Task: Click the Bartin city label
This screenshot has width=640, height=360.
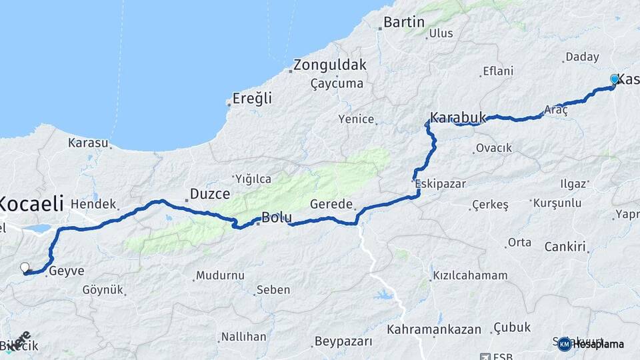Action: click(x=404, y=22)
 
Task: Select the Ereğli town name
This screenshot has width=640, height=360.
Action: click(x=252, y=99)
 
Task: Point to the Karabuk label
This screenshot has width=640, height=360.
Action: click(x=458, y=117)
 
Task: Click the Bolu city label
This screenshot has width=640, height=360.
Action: click(x=277, y=217)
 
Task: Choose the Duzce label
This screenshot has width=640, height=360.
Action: click(x=210, y=194)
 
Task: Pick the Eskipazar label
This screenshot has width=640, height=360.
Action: click(x=440, y=183)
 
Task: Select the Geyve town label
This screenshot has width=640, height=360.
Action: click(x=67, y=271)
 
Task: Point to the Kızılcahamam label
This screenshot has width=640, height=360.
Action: click(x=470, y=275)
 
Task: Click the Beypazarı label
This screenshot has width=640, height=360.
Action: click(x=343, y=341)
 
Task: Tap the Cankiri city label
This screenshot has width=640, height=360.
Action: click(x=565, y=247)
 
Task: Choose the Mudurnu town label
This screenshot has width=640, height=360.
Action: click(x=221, y=275)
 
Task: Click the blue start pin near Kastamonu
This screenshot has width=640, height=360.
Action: click(x=615, y=79)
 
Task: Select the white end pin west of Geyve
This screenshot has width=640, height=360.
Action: click(x=25, y=267)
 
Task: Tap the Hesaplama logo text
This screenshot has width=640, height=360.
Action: click(x=597, y=344)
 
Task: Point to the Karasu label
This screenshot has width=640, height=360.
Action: click(x=87, y=143)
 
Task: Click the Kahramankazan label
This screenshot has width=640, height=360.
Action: click(x=434, y=329)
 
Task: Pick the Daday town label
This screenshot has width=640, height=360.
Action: click(x=582, y=57)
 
